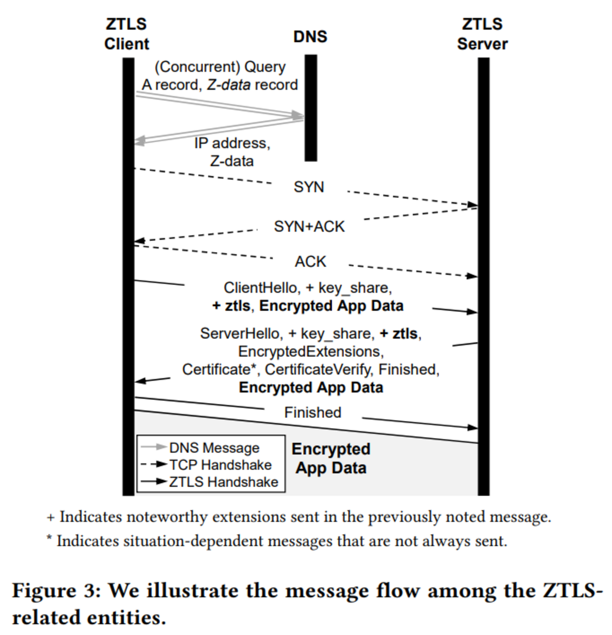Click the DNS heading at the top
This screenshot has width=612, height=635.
click(310, 37)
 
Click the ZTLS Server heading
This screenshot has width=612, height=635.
click(482, 34)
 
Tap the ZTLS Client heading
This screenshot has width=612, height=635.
click(127, 34)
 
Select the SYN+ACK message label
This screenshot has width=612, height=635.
click(309, 227)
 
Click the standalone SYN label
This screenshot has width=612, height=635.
click(309, 187)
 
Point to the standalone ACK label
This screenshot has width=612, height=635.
click(310, 262)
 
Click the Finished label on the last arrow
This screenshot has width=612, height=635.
click(313, 413)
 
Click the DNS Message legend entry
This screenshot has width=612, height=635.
click(214, 448)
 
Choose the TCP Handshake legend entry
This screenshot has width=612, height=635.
click(220, 465)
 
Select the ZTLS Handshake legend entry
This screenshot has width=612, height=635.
click(224, 482)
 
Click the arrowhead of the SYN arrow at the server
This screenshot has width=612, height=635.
click(473, 205)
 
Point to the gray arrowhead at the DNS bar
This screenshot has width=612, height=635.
click(298, 115)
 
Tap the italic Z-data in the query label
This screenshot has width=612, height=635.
click(229, 85)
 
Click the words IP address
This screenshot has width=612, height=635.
click(232, 143)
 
